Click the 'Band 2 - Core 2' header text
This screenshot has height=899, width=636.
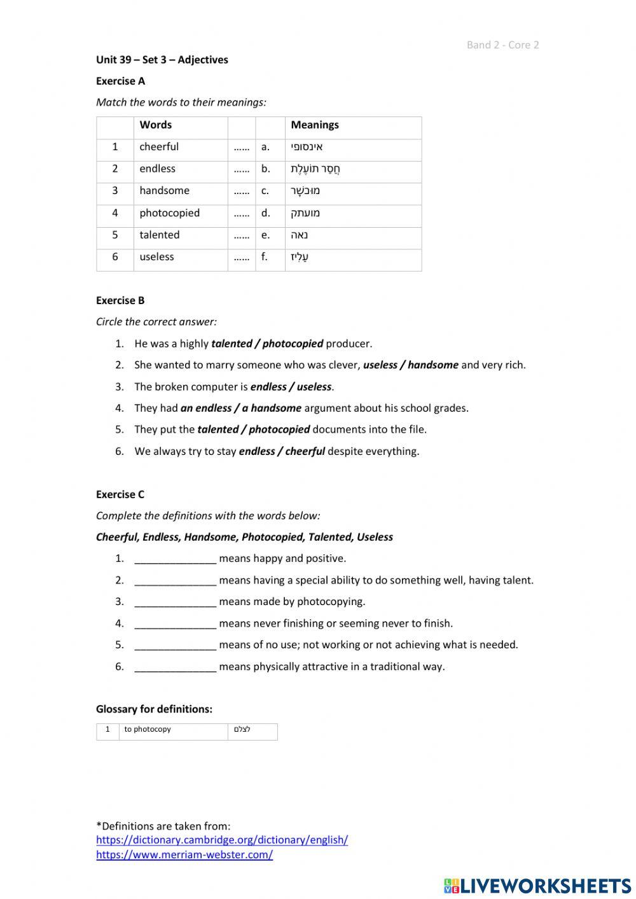click(502, 45)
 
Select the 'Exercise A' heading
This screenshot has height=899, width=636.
click(120, 81)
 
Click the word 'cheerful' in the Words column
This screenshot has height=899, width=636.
click(159, 147)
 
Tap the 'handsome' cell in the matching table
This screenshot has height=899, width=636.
click(164, 191)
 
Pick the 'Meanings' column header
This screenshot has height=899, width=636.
click(315, 125)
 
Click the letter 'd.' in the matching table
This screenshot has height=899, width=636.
click(265, 213)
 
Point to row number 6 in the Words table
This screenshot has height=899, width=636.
click(115, 257)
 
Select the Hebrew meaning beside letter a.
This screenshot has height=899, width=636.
click(307, 147)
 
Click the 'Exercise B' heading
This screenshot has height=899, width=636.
click(120, 300)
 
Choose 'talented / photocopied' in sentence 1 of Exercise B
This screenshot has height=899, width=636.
click(267, 344)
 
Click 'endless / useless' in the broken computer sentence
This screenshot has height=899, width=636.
click(291, 387)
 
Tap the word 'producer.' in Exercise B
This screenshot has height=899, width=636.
click(349, 344)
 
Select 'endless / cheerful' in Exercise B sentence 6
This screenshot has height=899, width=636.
click(282, 452)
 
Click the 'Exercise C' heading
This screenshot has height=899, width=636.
click(120, 494)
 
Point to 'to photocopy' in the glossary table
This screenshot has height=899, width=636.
click(148, 730)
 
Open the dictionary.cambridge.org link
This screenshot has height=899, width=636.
click(222, 840)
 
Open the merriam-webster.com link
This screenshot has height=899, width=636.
click(184, 855)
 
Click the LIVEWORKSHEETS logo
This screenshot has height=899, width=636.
click(537, 886)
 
